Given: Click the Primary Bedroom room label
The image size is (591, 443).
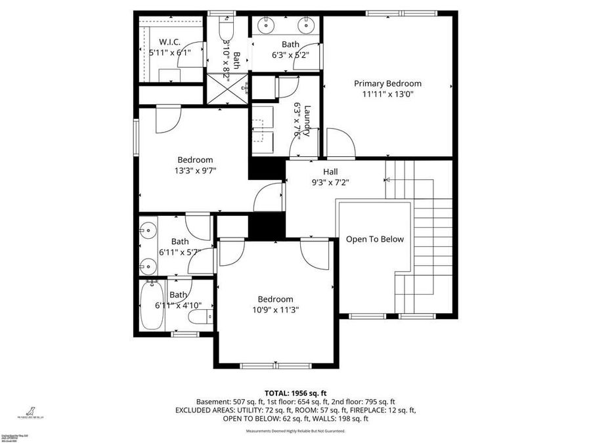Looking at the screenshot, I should (x=387, y=83).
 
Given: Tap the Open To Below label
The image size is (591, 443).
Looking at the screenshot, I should (x=375, y=240).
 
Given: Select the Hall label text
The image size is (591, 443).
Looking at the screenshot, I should (x=330, y=171).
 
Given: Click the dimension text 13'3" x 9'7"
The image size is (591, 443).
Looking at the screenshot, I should (x=195, y=171).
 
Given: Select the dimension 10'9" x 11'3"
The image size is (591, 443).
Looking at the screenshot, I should (x=274, y=310).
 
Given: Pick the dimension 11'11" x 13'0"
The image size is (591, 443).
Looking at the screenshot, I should (x=387, y=94).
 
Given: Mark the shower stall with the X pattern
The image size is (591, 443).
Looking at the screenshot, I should (x=227, y=89).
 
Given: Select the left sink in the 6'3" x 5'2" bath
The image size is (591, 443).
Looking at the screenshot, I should (x=267, y=26).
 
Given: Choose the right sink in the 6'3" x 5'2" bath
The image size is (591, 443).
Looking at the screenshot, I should (x=306, y=26).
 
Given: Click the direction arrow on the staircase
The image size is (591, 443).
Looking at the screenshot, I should (x=388, y=179).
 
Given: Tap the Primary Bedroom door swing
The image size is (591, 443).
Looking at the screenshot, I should (x=339, y=143).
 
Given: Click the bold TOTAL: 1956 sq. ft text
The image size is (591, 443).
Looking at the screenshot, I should (x=295, y=392).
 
